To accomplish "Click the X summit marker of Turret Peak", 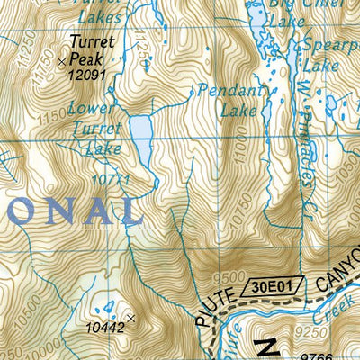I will click(61, 61).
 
